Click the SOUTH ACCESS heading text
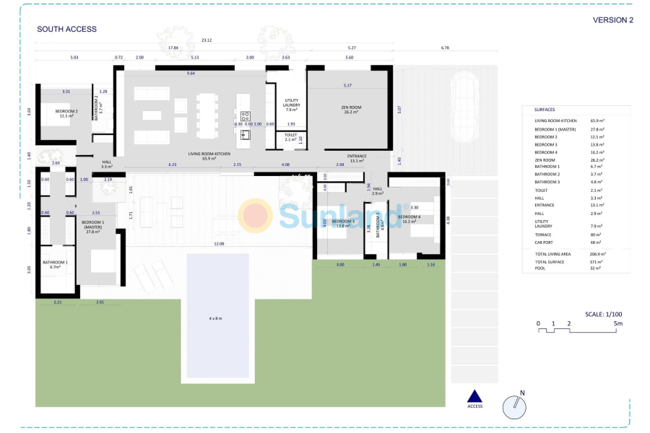pyautogui.click(x=66, y=30)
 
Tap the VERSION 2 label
pyautogui.click(x=612, y=20)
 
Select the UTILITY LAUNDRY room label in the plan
pyautogui.click(x=292, y=105)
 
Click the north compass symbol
pyautogui.click(x=513, y=406)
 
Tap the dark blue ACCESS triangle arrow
pyautogui.click(x=474, y=395)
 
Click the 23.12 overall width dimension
pyautogui.click(x=207, y=40)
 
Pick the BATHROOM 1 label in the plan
pyautogui.click(x=55, y=264)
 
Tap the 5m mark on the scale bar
pyautogui.click(x=618, y=323)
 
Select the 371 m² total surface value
pyautogui.click(x=596, y=261)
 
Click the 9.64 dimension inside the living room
pyautogui.click(x=191, y=74)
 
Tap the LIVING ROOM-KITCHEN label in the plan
pyautogui.click(x=209, y=154)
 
